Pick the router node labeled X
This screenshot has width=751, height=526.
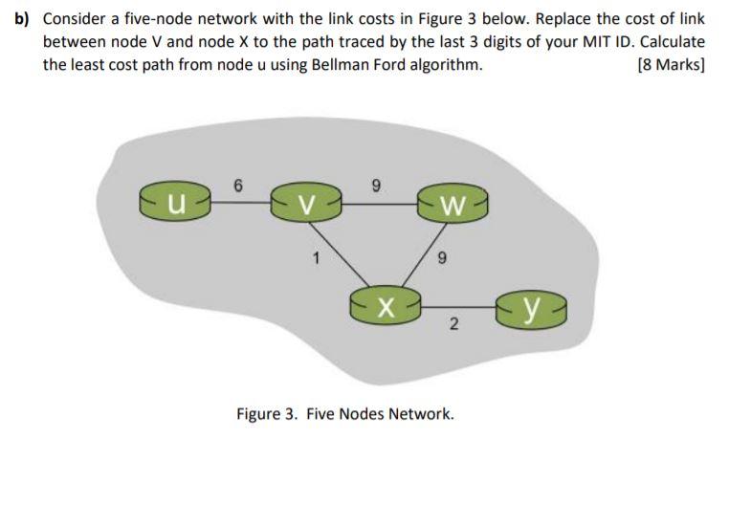[x=384, y=307]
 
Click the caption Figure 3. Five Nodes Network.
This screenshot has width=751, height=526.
[x=345, y=414]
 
